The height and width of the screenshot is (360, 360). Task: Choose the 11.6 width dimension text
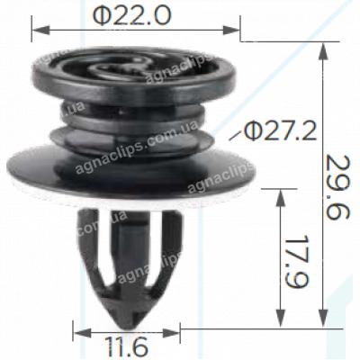pos(127,346)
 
